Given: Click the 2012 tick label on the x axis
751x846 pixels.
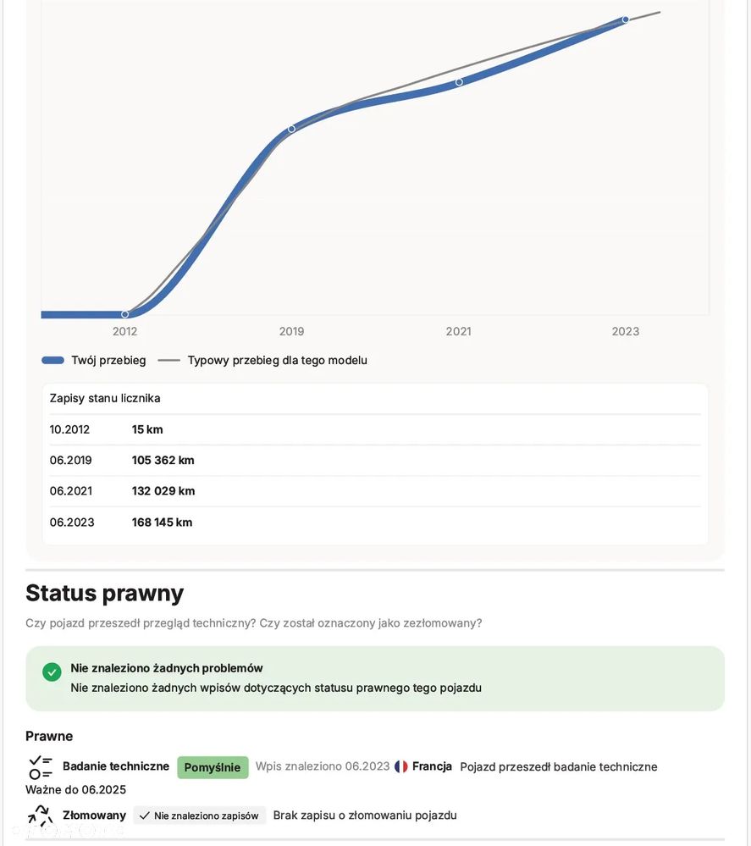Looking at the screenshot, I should click(x=124, y=331).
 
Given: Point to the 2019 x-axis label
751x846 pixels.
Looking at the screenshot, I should click(x=291, y=331).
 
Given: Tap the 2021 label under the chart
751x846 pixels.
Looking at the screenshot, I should click(x=458, y=331).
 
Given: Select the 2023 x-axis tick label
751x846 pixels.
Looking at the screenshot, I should click(x=625, y=331).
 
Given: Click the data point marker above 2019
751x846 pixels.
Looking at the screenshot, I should click(x=291, y=129).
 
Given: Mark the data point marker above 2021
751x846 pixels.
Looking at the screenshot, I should click(x=459, y=82).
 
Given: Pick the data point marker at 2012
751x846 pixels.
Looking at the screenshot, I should click(x=124, y=314).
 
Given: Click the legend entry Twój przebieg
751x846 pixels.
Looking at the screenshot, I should click(x=94, y=360).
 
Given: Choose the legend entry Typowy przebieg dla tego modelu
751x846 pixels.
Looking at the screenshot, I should click(x=262, y=360).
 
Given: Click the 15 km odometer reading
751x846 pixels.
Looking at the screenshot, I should click(x=147, y=429).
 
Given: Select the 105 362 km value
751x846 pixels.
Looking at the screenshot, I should click(x=163, y=460).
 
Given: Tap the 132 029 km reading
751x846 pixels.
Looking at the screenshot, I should click(x=163, y=491).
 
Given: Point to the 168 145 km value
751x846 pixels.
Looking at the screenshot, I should click(x=162, y=522).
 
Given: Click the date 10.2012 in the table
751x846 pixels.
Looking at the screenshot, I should click(x=69, y=429).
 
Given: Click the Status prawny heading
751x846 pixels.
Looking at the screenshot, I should click(x=104, y=593).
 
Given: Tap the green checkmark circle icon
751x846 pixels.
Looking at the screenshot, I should click(x=52, y=672).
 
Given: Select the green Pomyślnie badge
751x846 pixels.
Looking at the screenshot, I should click(x=213, y=767).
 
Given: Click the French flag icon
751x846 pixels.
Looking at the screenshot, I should click(x=401, y=766).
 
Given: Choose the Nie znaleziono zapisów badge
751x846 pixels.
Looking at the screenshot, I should click(x=200, y=816).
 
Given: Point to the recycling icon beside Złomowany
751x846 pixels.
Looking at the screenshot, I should click(x=40, y=816).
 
